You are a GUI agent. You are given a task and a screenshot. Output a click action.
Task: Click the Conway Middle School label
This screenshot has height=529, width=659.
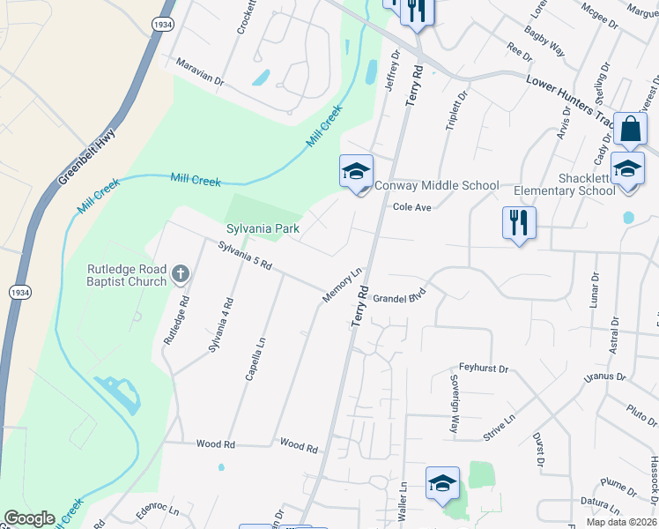[x=437, y=185]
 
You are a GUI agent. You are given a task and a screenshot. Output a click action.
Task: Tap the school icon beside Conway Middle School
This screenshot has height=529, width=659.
[x=357, y=171]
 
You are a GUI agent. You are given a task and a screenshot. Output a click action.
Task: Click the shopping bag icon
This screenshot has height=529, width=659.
[x=631, y=130]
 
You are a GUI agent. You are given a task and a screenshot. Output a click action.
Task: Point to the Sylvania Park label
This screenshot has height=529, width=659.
[x=263, y=228]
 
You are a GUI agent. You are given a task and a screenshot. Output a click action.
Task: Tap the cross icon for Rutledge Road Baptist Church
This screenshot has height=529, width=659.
[x=181, y=273]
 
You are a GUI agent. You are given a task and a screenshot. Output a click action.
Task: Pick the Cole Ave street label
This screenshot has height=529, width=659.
[x=411, y=207]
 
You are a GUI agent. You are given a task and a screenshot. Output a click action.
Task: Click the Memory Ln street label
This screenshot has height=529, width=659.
[x=343, y=286]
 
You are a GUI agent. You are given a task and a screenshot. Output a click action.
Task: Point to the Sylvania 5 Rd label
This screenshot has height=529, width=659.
[x=245, y=257]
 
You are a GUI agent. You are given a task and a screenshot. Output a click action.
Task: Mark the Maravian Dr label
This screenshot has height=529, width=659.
[x=200, y=71]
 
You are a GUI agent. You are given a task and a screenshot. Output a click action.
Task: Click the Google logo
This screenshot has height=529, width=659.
[x=29, y=518]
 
